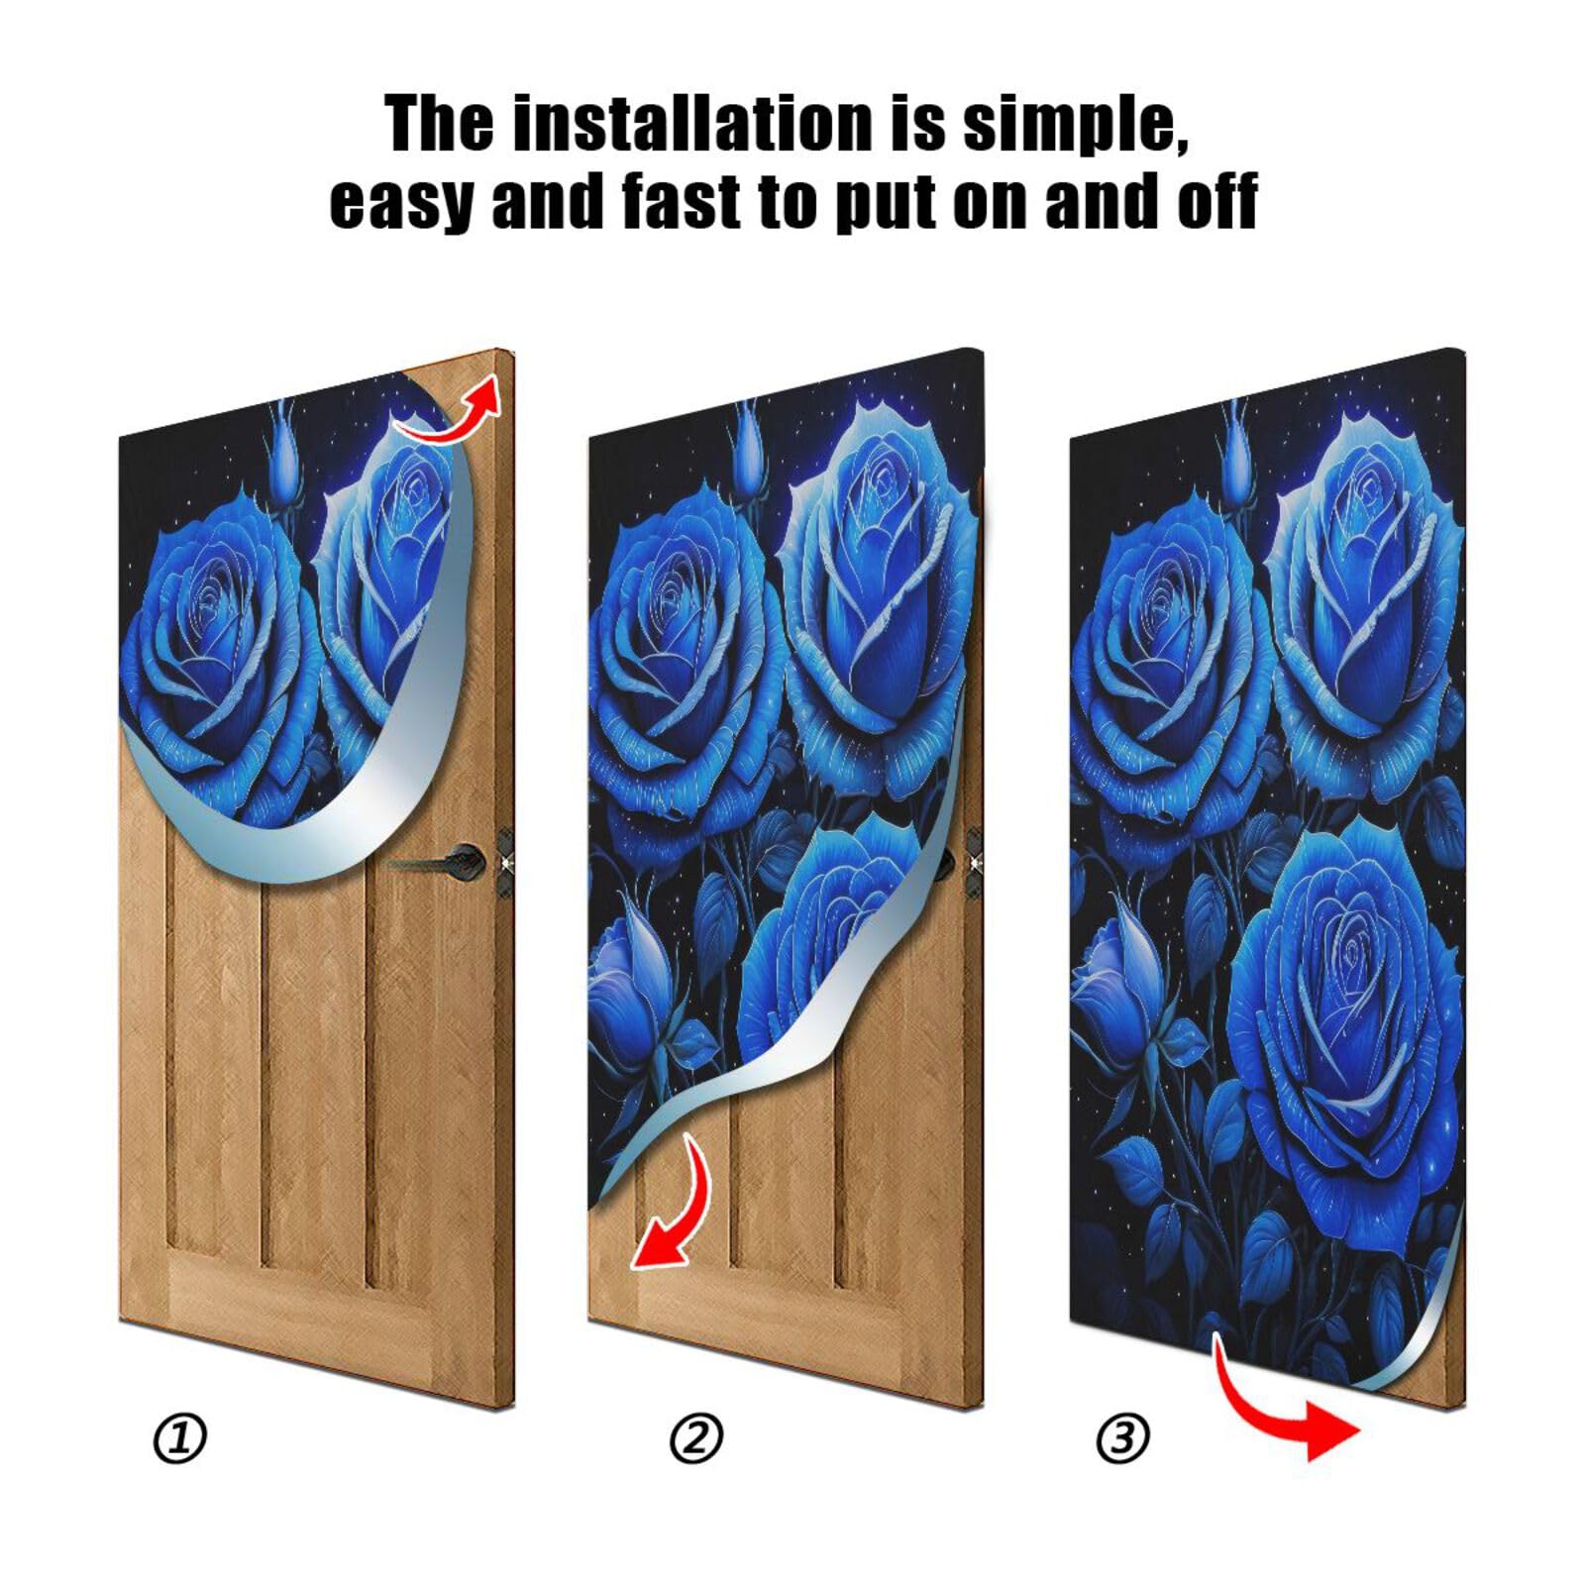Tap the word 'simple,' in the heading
[1075, 124]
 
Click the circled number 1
[180, 1438]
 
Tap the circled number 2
[696, 1438]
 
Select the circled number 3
[1122, 1438]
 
